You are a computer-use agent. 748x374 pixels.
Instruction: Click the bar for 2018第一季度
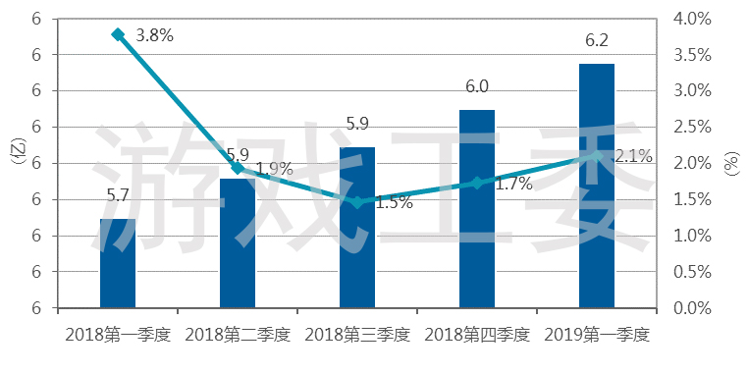pos(118,263)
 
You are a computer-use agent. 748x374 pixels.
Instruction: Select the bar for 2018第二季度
pos(238,243)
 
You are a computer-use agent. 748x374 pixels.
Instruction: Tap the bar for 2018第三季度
pos(357,228)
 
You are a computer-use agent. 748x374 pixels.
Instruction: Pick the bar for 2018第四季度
pos(477,209)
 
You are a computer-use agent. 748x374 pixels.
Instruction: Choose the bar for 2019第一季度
pos(597,186)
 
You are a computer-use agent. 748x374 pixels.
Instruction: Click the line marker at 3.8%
pos(118,34)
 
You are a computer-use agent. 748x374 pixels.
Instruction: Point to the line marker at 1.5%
pos(357,202)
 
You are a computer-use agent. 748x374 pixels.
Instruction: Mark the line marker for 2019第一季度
pos(597,155)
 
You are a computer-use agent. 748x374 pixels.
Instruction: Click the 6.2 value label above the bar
pos(596,41)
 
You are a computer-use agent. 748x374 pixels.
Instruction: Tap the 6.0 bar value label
pos(477,87)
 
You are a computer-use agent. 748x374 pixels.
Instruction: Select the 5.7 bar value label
pos(118,195)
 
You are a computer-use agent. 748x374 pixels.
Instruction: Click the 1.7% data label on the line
pos(513,185)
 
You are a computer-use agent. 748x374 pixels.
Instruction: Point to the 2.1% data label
pos(633,156)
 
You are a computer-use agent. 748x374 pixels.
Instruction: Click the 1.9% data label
pos(274,169)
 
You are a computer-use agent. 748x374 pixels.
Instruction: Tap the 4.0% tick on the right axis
pos(692,20)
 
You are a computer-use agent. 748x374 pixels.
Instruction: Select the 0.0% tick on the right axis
pos(692,308)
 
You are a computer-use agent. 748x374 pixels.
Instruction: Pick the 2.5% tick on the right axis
pos(692,128)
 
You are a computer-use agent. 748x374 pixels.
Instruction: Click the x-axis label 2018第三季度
pos(357,335)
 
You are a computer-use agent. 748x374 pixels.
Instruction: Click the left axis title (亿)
pos(20,152)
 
